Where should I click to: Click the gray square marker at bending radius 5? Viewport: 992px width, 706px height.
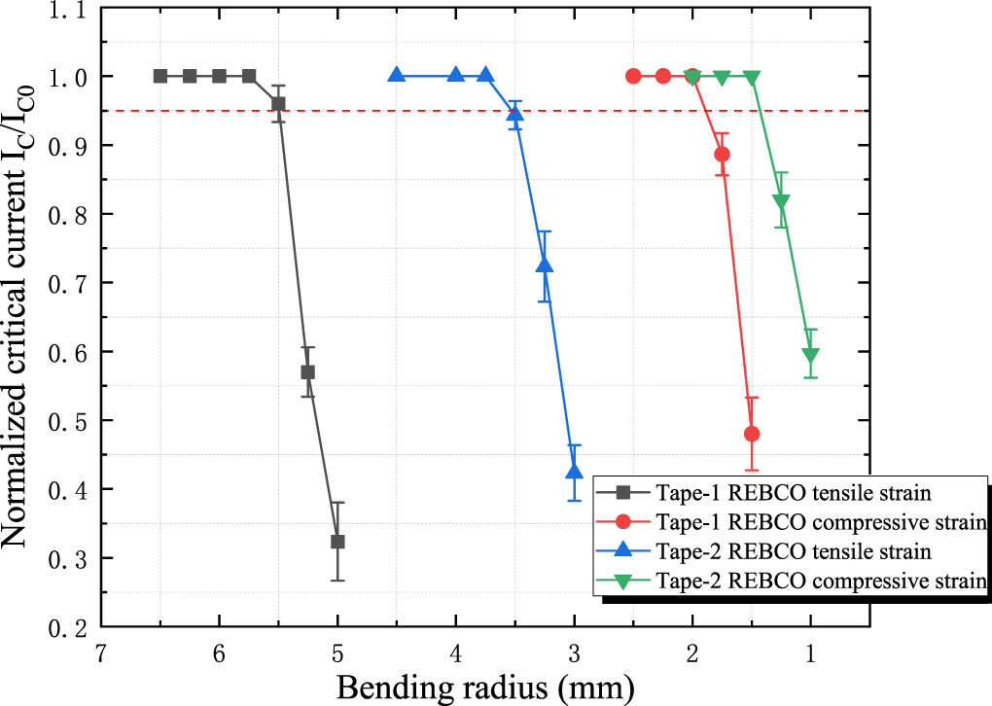click(x=337, y=542)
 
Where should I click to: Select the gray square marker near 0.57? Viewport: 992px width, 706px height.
click(x=307, y=371)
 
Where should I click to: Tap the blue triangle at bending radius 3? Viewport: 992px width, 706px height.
click(x=574, y=472)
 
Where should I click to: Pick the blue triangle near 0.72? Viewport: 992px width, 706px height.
click(x=545, y=265)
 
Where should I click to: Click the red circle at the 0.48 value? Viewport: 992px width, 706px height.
click(x=751, y=434)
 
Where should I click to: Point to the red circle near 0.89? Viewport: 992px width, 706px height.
click(x=722, y=154)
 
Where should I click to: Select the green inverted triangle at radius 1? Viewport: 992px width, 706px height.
click(x=810, y=355)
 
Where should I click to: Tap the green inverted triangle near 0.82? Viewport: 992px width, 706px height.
click(x=781, y=201)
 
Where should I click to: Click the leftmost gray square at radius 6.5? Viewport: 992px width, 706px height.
click(x=160, y=76)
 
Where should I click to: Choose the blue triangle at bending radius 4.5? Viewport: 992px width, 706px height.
click(x=397, y=76)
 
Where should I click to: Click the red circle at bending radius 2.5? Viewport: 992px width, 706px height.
click(x=633, y=76)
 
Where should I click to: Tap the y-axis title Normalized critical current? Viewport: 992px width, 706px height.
click(x=21, y=316)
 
